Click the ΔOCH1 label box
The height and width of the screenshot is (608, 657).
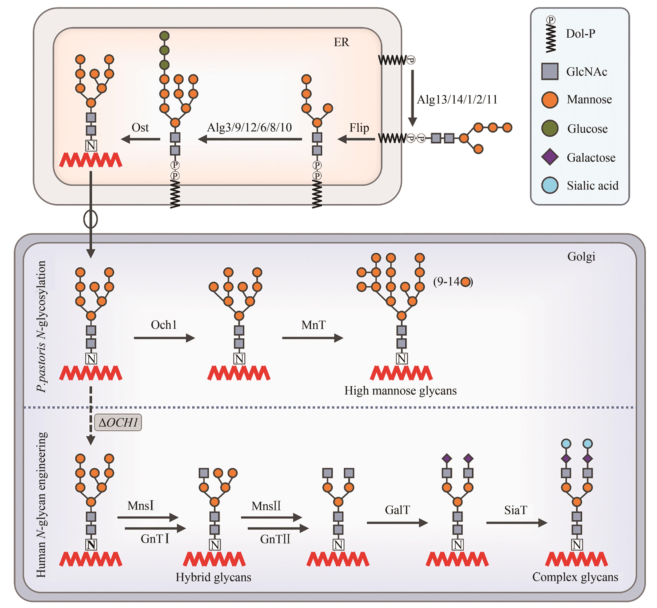click(x=118, y=422)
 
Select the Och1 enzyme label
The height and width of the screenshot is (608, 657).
click(x=164, y=325)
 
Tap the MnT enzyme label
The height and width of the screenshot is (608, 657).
click(x=313, y=325)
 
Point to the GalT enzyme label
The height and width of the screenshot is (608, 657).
click(x=397, y=510)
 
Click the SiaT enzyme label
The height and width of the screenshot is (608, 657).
click(x=516, y=510)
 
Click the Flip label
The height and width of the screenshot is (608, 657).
click(x=359, y=128)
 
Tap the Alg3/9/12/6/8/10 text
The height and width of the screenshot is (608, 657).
click(x=249, y=127)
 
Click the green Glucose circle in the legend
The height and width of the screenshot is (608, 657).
click(x=550, y=128)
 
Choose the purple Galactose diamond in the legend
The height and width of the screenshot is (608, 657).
click(x=550, y=157)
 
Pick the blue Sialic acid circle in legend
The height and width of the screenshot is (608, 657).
click(x=550, y=185)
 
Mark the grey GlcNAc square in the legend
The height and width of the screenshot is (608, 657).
click(x=550, y=71)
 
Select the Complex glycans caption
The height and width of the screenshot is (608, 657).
click(x=575, y=577)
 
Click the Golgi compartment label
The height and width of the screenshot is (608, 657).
click(x=581, y=256)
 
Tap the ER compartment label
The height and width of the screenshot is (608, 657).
click(x=341, y=42)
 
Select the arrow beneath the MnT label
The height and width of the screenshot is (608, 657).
click(x=312, y=338)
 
